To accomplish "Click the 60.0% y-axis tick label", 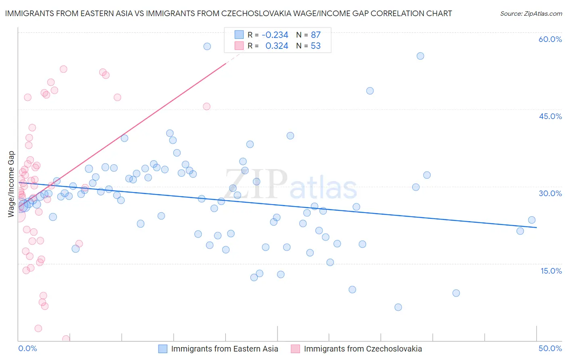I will coord(550,39).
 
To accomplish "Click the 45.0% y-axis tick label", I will coord(550,116).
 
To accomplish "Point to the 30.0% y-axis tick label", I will coord(550,193).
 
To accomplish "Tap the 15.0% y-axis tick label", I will coord(551,271).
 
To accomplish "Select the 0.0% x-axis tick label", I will coord(27,348).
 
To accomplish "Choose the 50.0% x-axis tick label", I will coord(550,348).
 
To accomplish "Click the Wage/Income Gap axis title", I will coord(11,184).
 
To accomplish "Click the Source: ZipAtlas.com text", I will coord(531,14).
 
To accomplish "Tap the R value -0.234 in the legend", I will coord(275,35).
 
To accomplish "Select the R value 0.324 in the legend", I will coord(277,46).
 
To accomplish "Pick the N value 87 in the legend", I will coord(315,35).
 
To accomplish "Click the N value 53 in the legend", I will coord(315,46).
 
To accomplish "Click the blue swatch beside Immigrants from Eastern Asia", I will coord(163,349).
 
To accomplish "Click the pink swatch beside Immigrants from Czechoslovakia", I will coord(296,349).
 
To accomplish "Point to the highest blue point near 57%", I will coord(207,46).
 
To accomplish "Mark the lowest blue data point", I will coord(398,307).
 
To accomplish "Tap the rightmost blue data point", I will coord(532,220).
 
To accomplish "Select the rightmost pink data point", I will coord(206,107).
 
